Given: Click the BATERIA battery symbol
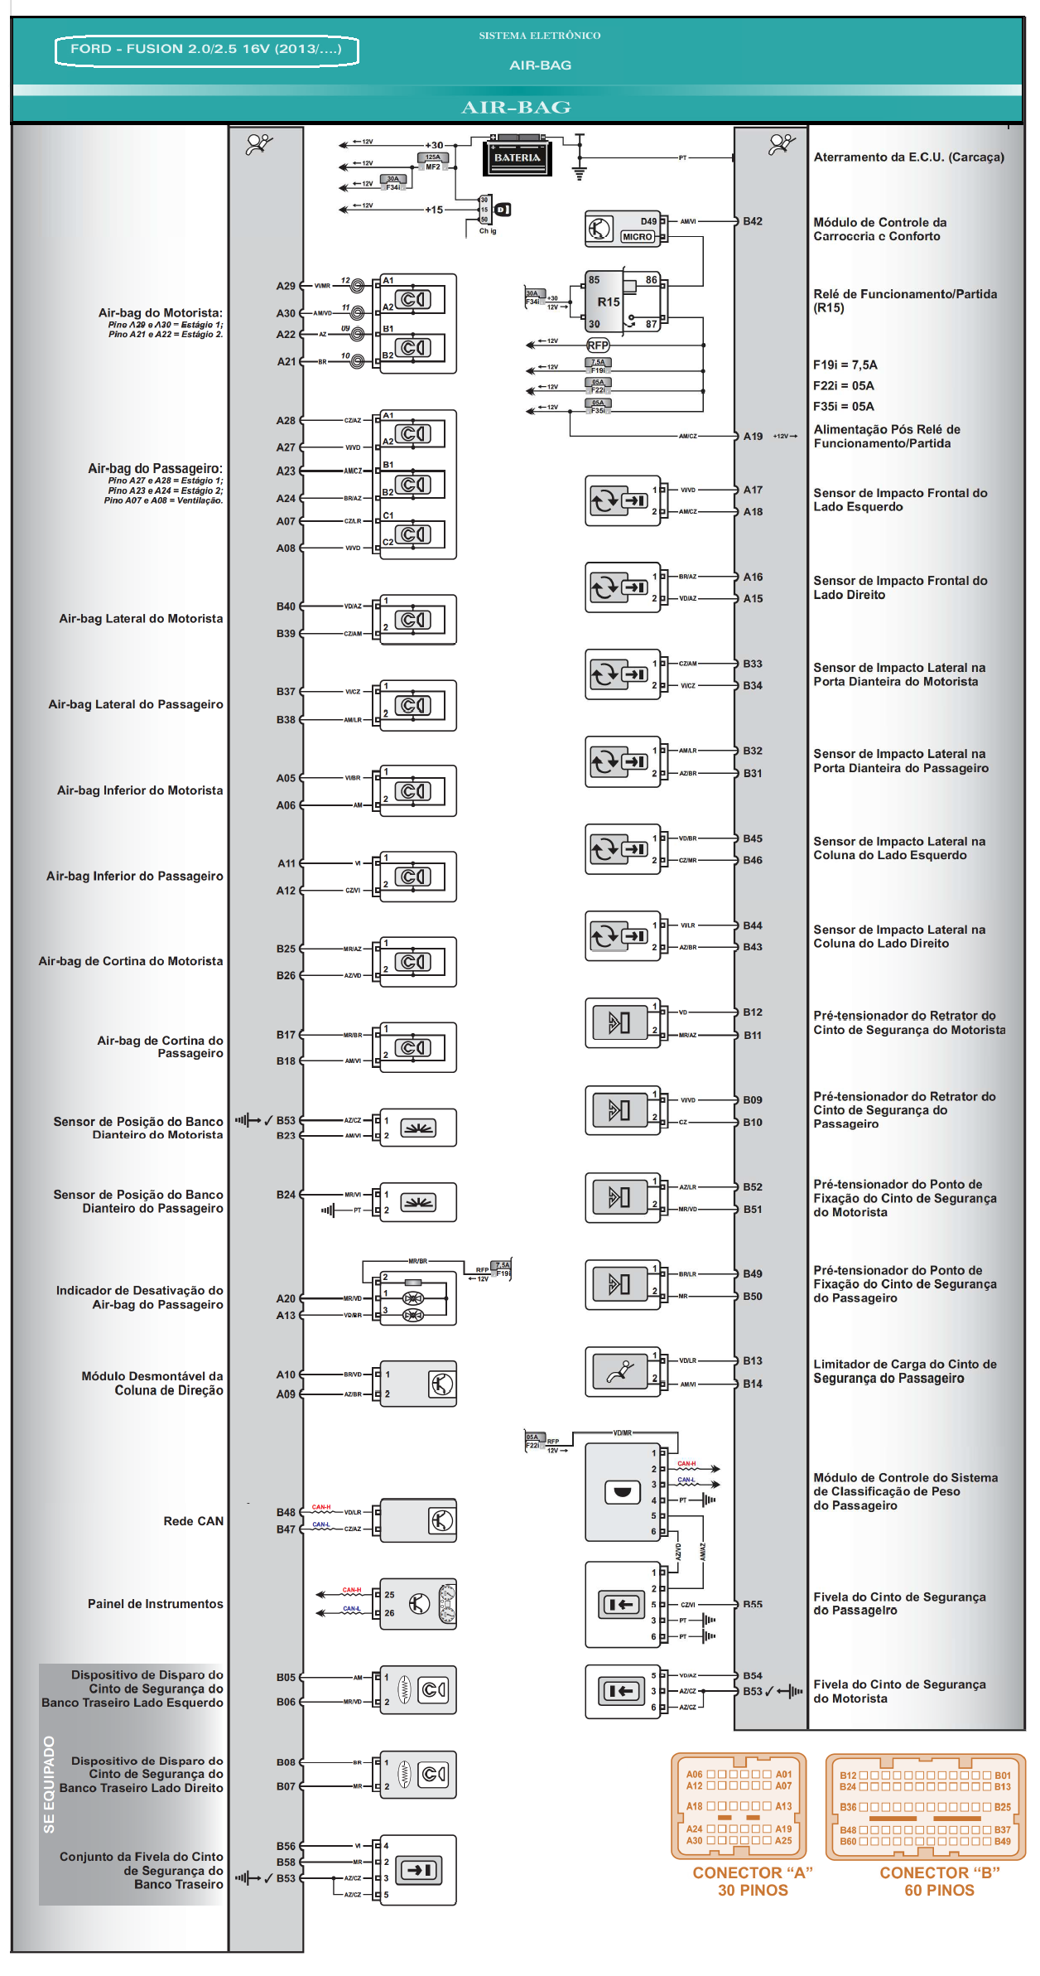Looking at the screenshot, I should point(517,157).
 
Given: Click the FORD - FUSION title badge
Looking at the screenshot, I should point(206,49).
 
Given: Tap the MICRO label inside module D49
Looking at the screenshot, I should point(637,236).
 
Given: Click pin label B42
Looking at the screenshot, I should point(752,221).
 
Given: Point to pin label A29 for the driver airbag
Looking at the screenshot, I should point(286,286).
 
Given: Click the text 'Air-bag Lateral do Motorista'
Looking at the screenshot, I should point(141,618).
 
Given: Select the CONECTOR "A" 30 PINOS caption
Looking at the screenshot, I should point(752,1881).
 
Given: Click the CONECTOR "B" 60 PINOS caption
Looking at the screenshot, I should point(939,1881).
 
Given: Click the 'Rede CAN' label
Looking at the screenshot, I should point(193,1520).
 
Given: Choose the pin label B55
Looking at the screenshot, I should point(752,1604).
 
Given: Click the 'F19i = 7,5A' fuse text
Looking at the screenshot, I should point(845,365).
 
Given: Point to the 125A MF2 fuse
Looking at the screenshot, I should point(433,161).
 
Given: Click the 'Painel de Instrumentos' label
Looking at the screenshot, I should point(155,1603).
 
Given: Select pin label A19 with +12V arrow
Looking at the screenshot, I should point(753,436).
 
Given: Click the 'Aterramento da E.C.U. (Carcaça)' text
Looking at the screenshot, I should point(908,157).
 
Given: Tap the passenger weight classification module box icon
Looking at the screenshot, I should point(623,1491).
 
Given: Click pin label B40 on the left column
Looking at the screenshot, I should point(286,606).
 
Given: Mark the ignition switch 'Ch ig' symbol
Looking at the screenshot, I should point(494,212).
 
